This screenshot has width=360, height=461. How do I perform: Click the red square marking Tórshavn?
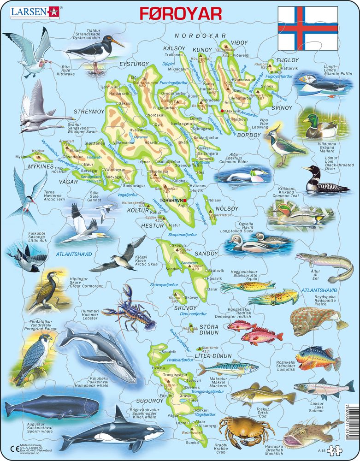point(184,201)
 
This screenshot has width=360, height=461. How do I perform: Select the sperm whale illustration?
point(52,407)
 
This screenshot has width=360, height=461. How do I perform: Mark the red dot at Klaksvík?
point(223,111)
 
